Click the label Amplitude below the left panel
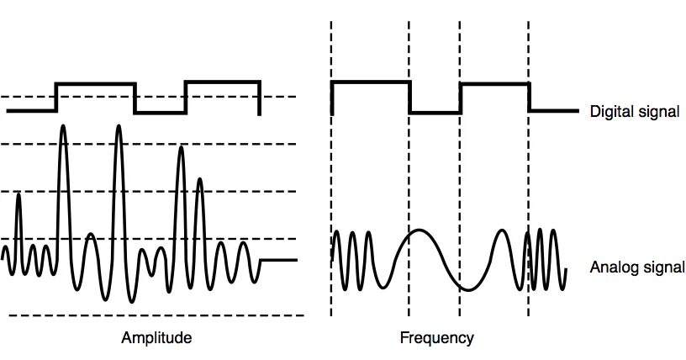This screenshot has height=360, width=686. pos(156,338)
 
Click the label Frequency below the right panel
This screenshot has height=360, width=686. pos(435,338)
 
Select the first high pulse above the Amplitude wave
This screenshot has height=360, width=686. pos(95,83)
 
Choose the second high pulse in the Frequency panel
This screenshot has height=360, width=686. pos(494,82)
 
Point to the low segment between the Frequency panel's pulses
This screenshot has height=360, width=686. pos(435,111)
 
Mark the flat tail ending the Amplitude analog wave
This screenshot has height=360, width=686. pos(279,261)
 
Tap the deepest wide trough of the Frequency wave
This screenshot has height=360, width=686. pos(462,287)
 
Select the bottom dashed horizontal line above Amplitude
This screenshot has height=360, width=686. pos(156,316)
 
